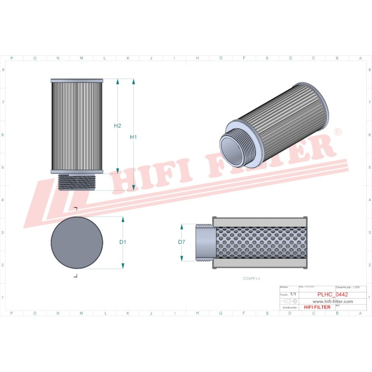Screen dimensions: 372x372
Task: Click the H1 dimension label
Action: pyautogui.click(x=133, y=137)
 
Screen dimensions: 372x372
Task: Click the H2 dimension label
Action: pyautogui.click(x=117, y=126)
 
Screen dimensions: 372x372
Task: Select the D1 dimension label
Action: pyautogui.click(x=123, y=242)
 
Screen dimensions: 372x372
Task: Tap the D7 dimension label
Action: pyautogui.click(x=181, y=242)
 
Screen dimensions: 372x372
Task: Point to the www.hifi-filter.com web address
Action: pyautogui.click(x=333, y=301)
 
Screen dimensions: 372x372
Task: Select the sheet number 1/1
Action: pyautogui.click(x=293, y=293)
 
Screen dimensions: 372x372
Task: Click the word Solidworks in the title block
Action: pyautogui.click(x=289, y=307)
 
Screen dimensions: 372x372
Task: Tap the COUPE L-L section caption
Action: pyautogui.click(x=252, y=278)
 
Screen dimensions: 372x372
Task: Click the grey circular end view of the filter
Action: pyautogui.click(x=76, y=243)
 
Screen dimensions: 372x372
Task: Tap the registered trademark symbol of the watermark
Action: pyautogui.click(x=338, y=133)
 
